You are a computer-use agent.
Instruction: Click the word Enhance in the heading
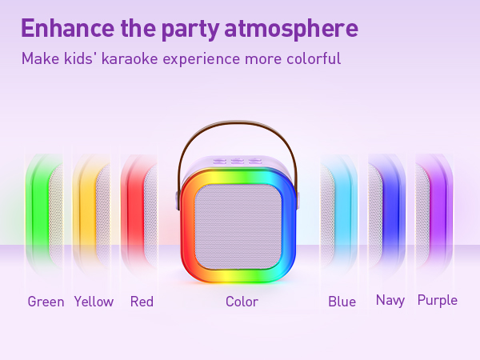pos(68,28)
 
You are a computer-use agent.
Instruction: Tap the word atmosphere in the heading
pos(291,29)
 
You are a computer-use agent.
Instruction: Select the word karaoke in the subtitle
pos(130,58)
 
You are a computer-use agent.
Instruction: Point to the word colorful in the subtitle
pos(314,58)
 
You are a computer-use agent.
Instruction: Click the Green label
pos(46,302)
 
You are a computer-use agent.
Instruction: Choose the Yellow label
pos(94,302)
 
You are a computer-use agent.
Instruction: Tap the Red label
pos(142,302)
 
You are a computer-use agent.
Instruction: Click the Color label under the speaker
pos(242,302)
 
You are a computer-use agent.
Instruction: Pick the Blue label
pos(342,302)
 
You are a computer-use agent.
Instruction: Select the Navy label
pos(390,301)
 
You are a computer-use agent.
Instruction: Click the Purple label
pos(438,301)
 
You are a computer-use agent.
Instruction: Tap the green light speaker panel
pos(44,214)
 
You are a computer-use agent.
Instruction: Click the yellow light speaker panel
pos(91,214)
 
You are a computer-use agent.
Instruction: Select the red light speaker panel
pos(139,214)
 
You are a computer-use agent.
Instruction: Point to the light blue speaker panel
pos(338,214)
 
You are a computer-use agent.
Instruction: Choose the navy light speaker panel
pos(386,214)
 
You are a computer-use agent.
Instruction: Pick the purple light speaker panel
pos(434,214)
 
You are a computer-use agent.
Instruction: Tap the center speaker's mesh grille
pos(238,227)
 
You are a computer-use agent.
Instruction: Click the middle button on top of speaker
pos(235,161)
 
